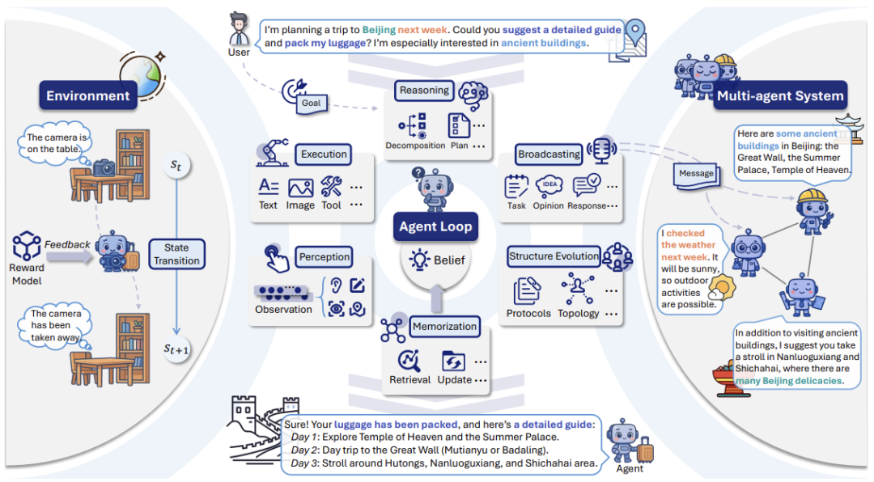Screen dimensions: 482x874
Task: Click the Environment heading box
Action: [x=87, y=96]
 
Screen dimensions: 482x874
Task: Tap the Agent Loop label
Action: [x=435, y=227]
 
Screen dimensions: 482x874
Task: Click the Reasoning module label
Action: [x=424, y=91]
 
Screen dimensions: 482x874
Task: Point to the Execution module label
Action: [x=324, y=154]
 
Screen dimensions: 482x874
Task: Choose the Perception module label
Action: [x=325, y=257]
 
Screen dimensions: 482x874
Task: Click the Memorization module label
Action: [x=444, y=327]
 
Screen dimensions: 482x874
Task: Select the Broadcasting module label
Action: [x=549, y=154]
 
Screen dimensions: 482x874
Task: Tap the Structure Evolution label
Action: [x=554, y=256]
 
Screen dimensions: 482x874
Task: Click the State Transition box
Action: [x=176, y=254]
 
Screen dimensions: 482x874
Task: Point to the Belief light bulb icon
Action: [x=419, y=260]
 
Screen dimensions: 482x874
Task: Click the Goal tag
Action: [x=311, y=103]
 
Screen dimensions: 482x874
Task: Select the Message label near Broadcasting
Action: [x=696, y=173]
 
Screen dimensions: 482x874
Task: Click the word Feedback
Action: [x=67, y=244]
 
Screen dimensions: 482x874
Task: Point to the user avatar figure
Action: [x=239, y=31]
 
